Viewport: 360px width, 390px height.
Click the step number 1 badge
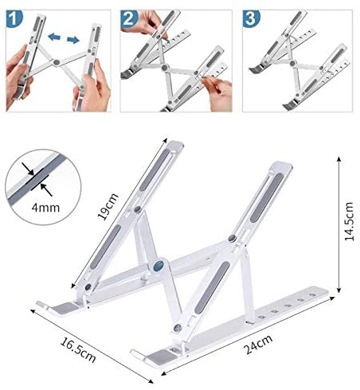point(14,19)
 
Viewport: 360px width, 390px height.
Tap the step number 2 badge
point(129,19)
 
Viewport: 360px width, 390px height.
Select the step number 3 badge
point(251,19)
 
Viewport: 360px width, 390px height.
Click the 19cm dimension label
point(108,207)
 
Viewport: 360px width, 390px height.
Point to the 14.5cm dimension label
point(349,221)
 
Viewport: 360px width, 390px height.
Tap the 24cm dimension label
point(258,345)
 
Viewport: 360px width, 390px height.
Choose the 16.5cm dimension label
point(78,349)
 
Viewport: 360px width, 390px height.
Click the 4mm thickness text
point(45,208)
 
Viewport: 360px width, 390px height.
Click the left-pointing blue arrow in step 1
point(54,37)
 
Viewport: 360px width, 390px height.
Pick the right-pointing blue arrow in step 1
point(73,40)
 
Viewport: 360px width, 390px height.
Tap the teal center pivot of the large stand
point(159,264)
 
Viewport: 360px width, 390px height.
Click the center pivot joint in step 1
point(57,63)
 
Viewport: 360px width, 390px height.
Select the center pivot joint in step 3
point(293,63)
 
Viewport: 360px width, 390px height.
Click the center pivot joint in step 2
point(165,67)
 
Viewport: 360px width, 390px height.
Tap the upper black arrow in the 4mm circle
point(28,169)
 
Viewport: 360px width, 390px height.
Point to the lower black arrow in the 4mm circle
point(46,189)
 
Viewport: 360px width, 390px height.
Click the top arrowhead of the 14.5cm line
point(338,158)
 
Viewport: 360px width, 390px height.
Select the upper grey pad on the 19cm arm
point(155,170)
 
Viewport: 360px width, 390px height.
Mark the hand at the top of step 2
point(144,22)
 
